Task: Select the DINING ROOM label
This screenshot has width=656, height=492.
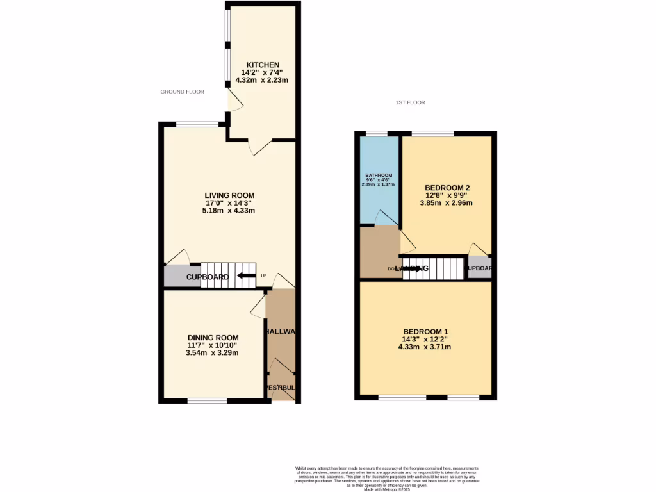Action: pos(213,338)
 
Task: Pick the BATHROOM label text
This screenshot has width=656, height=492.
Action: pos(379,176)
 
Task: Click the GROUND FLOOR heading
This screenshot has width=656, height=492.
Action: pos(182,92)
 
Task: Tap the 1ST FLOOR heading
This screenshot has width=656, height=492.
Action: pos(410,102)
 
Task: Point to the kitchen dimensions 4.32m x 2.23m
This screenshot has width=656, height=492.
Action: pos(262,80)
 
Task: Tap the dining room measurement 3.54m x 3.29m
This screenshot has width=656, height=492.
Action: pos(213,353)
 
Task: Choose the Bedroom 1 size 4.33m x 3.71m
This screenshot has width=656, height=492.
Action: pos(425,347)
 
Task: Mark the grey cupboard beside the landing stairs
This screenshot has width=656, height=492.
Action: pos(479,268)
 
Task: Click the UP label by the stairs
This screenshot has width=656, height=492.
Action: pos(263,275)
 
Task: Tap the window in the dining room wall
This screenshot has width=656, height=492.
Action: pos(207,401)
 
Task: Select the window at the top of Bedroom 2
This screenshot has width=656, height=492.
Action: pos(432,133)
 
